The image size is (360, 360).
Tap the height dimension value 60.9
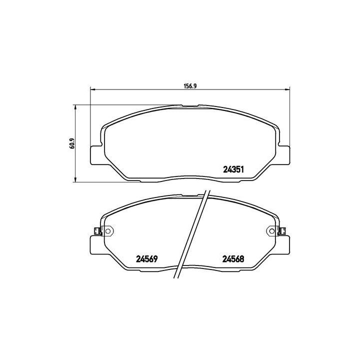tap(72, 143)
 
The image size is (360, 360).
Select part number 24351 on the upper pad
tap(232, 169)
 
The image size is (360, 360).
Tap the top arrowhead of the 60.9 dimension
tap(75, 107)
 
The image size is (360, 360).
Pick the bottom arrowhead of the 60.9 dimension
tap(75, 179)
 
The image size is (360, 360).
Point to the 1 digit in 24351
tap(241, 169)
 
